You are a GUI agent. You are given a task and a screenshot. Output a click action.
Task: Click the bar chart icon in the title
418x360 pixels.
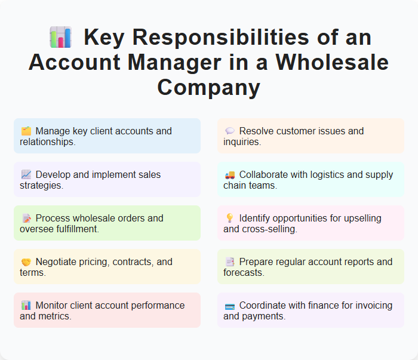[x=60, y=37]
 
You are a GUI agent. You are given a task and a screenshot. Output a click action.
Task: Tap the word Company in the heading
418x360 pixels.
[x=209, y=87]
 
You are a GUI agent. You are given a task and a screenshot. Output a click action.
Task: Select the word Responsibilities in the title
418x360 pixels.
[x=211, y=37]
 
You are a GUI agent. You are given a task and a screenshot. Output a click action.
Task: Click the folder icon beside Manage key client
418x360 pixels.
[x=26, y=131]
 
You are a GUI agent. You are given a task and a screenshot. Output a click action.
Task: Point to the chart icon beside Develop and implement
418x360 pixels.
[x=26, y=175]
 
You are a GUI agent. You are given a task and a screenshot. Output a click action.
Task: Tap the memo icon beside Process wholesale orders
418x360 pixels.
[x=26, y=219]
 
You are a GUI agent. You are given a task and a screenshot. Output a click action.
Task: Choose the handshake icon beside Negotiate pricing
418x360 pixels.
[x=26, y=262]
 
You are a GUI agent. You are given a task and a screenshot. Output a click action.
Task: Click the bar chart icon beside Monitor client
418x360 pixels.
[x=26, y=306]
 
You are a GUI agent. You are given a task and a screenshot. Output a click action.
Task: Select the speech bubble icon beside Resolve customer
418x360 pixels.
[x=229, y=131]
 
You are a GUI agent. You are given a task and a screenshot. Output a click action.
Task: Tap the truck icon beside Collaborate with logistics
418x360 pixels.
[x=229, y=175]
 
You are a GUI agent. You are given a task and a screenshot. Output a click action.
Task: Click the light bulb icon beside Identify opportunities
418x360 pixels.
[x=229, y=219]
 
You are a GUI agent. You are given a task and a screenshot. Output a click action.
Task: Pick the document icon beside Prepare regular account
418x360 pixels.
[x=229, y=262]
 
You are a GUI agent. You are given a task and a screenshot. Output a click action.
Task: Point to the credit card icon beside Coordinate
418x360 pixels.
[x=229, y=306]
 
